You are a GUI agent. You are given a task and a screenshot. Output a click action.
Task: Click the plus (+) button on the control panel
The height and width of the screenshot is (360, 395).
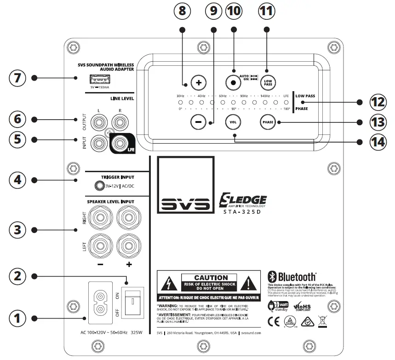click(x=199, y=83)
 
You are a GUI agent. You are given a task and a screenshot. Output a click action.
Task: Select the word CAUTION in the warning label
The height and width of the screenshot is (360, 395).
click(x=211, y=278)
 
